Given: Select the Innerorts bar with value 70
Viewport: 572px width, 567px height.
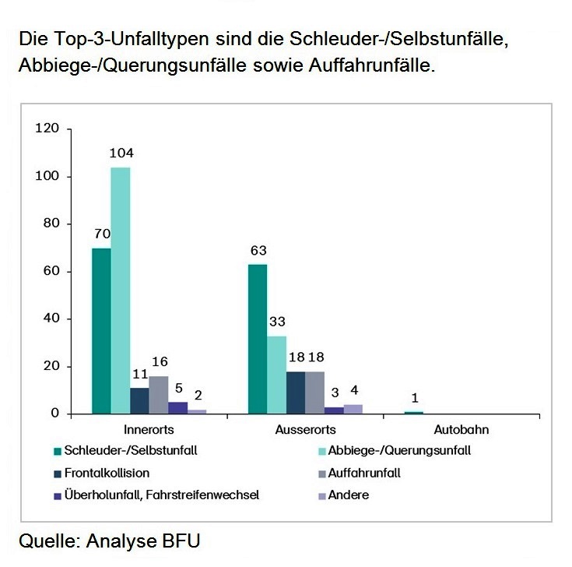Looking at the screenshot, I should [x=101, y=331].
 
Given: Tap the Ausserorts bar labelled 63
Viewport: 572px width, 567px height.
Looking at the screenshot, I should [x=258, y=339].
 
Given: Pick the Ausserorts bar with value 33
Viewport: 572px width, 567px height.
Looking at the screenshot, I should [x=276, y=375].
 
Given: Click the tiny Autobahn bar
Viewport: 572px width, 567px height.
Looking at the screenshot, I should [x=415, y=412].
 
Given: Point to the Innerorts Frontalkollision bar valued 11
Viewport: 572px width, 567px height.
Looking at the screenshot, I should [x=139, y=400].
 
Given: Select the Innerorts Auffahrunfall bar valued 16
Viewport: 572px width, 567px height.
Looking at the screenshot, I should [x=159, y=395].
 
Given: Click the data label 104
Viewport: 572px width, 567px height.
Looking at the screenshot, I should [x=121, y=153].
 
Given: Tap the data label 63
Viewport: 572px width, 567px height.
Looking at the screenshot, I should [x=258, y=251].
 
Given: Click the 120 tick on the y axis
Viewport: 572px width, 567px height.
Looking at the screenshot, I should [x=47, y=129].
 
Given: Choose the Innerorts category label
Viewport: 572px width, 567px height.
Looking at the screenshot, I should [x=149, y=429].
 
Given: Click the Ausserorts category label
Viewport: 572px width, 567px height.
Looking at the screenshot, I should [x=305, y=429].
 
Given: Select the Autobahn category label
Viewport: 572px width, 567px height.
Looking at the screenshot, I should [x=461, y=429].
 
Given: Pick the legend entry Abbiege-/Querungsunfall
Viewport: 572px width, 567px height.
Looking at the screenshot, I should [x=400, y=450].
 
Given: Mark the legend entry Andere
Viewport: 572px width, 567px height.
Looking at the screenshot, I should [x=349, y=495].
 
